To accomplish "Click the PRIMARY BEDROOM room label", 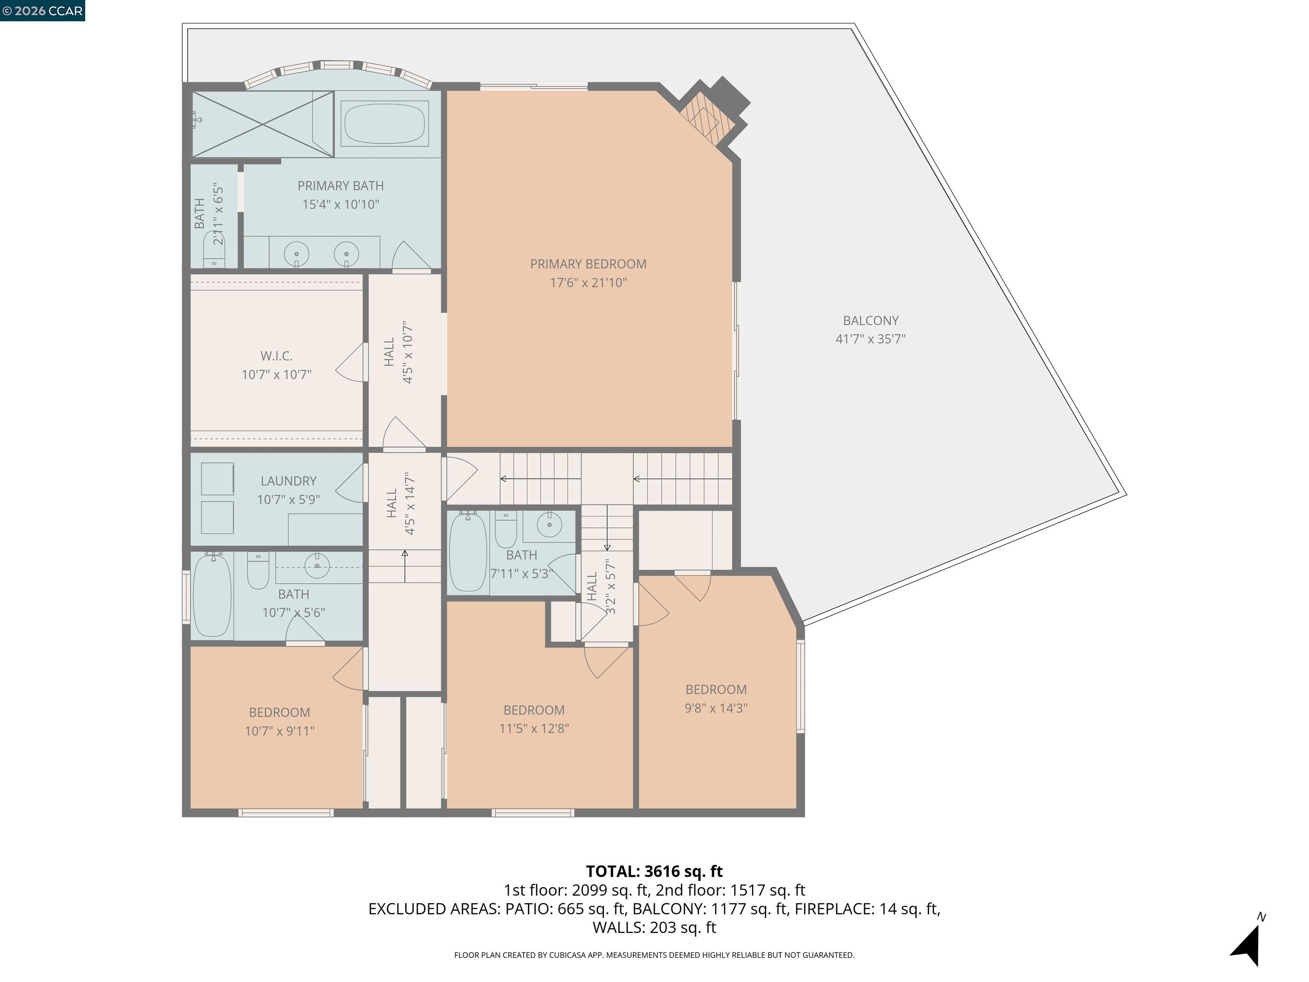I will coord(588,264).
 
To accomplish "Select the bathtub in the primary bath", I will coord(384,124).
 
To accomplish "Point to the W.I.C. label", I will coord(277,356).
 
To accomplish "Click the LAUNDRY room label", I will coord(288,481).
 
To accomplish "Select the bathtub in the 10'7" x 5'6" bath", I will coord(212,595).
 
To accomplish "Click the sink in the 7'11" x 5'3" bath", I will coord(550,524).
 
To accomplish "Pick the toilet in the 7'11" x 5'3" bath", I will coord(505,530).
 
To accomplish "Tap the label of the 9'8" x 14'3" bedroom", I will coord(716,690).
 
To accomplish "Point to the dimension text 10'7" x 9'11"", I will coord(280,731).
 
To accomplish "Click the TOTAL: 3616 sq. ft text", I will coord(654,871).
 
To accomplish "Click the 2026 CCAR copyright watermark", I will coord(42,11).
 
